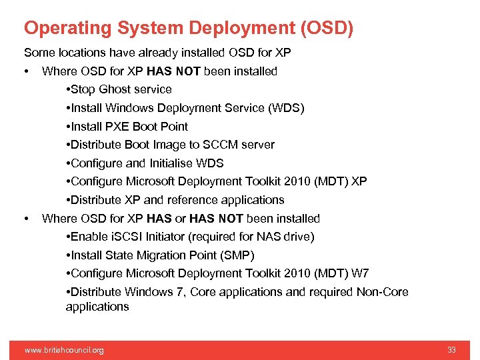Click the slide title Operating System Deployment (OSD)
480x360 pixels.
(x=189, y=28)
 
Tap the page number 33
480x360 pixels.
(x=451, y=350)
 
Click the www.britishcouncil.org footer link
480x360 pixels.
(x=64, y=350)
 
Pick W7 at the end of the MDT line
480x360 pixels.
(x=360, y=273)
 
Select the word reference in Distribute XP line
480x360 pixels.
(x=189, y=200)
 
